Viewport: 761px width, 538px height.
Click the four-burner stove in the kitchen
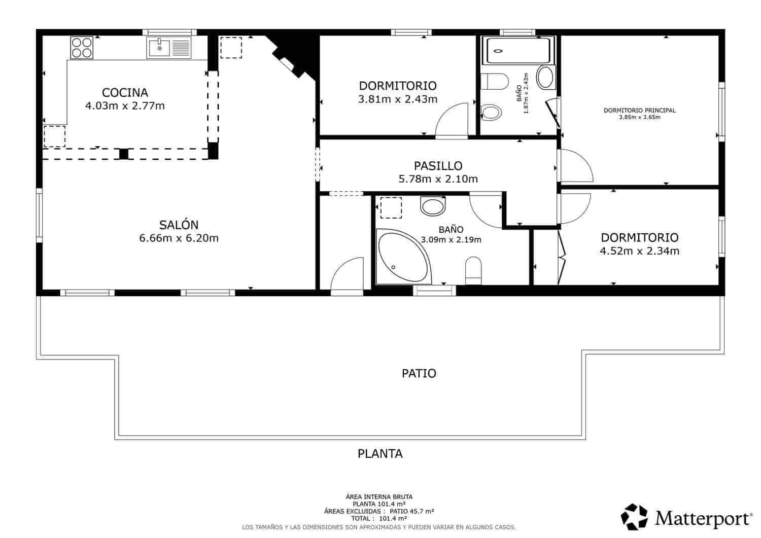pyautogui.click(x=82, y=48)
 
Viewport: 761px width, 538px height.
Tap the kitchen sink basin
pyautogui.click(x=159, y=48)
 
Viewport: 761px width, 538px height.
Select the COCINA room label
pyautogui.click(x=125, y=92)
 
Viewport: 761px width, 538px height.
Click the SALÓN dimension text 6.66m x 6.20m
pyautogui.click(x=179, y=238)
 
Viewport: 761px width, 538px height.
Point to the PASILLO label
pyautogui.click(x=438, y=166)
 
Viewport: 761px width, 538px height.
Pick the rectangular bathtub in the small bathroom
pyautogui.click(x=518, y=50)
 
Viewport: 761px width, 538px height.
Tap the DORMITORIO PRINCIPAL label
pyautogui.click(x=640, y=111)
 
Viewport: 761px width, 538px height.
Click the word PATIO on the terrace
pyautogui.click(x=419, y=373)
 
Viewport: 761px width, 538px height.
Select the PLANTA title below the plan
pyautogui.click(x=380, y=453)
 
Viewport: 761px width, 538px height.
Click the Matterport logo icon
pyautogui.click(x=634, y=517)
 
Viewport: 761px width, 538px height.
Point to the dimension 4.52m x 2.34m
pyautogui.click(x=640, y=251)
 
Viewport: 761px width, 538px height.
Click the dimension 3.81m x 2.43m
pyautogui.click(x=398, y=99)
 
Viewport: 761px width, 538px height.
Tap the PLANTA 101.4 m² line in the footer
pyautogui.click(x=379, y=504)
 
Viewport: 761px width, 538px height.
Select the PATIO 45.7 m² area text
pyautogui.click(x=412, y=511)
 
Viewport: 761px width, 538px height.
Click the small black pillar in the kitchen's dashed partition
pyautogui.click(x=124, y=154)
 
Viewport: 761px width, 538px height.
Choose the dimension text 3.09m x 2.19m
pyautogui.click(x=451, y=240)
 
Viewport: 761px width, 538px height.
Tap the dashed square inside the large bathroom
pyautogui.click(x=391, y=207)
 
